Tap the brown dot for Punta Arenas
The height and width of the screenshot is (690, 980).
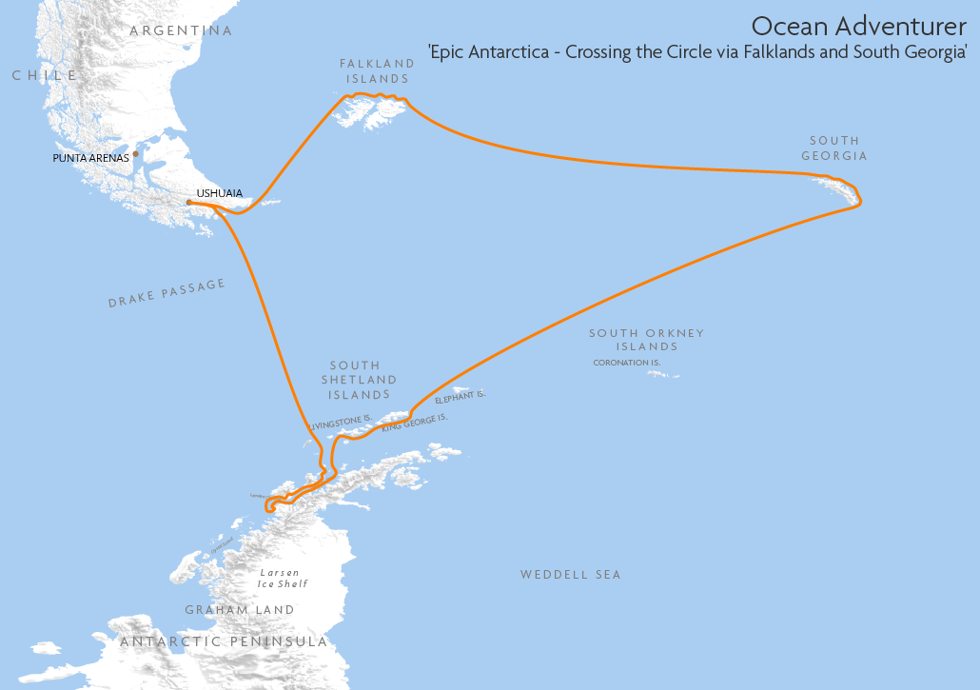pyautogui.click(x=136, y=153)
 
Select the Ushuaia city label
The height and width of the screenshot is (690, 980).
pyautogui.click(x=219, y=193)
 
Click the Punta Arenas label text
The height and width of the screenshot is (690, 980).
pyautogui.click(x=90, y=158)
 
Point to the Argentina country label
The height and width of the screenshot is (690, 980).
pyautogui.click(x=181, y=30)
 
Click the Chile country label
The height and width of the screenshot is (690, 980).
pyautogui.click(x=44, y=75)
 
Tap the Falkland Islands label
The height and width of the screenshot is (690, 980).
pyautogui.click(x=378, y=71)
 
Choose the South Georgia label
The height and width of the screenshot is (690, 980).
pyautogui.click(x=833, y=148)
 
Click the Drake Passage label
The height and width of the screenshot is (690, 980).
pyautogui.click(x=167, y=293)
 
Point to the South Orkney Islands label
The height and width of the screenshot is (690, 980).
pyautogui.click(x=646, y=340)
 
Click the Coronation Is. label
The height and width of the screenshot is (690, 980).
pyautogui.click(x=626, y=363)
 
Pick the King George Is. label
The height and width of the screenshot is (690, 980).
pyautogui.click(x=414, y=424)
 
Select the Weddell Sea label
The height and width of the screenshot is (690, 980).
pyautogui.click(x=570, y=575)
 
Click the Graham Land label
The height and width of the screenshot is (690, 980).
pyautogui.click(x=239, y=610)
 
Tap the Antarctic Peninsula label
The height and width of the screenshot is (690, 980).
pyautogui.click(x=224, y=642)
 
